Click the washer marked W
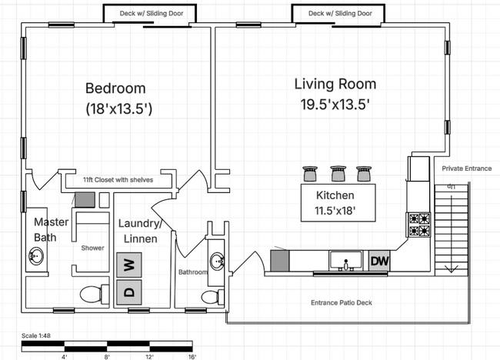[129, 265]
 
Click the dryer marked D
[129, 292]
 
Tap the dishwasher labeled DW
[379, 261]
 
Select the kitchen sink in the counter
[346, 261]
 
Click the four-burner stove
[418, 225]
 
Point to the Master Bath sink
[36, 255]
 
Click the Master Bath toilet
[95, 294]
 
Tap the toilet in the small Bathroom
[212, 297]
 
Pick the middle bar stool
[338, 174]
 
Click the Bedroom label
[115, 88]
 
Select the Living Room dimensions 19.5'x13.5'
[335, 105]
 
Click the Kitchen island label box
[338, 203]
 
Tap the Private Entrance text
[466, 168]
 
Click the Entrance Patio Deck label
[342, 302]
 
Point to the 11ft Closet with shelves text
[118, 180]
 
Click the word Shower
[92, 248]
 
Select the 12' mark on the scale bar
[149, 357]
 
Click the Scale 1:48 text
[36, 335]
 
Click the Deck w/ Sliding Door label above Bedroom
[152, 13]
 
